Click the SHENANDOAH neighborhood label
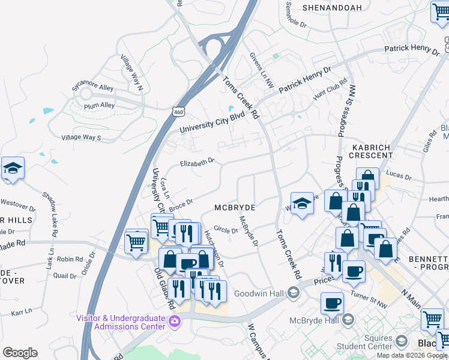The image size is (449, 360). [x=332, y=8]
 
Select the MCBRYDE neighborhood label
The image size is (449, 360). [x=235, y=207]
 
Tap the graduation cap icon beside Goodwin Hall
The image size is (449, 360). [x=294, y=293]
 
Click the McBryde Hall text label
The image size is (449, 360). [x=315, y=320]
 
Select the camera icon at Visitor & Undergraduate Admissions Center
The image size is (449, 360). [x=174, y=322]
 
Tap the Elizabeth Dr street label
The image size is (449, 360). [x=197, y=163]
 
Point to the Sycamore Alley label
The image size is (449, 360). [x=92, y=88]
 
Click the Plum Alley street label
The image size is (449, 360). [x=100, y=106]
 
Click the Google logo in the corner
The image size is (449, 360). [x=20, y=353]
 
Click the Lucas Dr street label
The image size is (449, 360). [x=399, y=176]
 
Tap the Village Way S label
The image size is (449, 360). [x=81, y=137]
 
